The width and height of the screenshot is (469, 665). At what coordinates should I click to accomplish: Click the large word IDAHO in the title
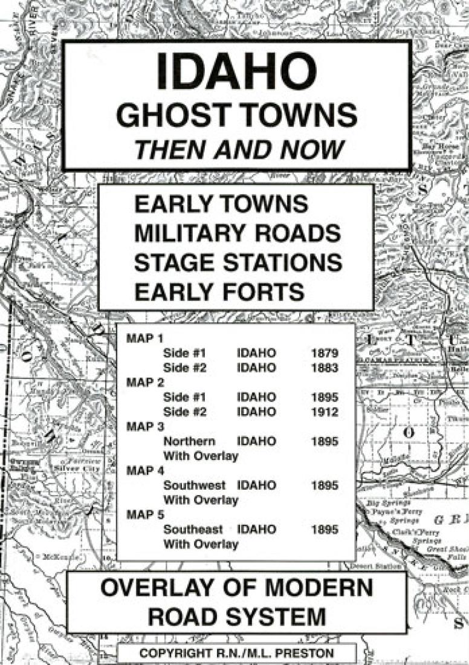pos(237,71)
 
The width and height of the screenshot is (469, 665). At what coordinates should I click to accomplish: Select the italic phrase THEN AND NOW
pos(236,149)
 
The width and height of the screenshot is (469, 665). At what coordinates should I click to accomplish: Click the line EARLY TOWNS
pos(221,204)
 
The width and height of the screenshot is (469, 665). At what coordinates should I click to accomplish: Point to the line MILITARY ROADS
pos(236,233)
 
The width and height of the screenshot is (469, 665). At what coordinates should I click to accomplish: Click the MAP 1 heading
pos(141,339)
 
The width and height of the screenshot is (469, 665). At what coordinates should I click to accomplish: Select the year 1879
pos(325,353)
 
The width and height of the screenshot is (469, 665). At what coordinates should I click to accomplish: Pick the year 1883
pos(325,368)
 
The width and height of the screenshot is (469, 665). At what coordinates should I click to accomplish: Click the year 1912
pos(325,412)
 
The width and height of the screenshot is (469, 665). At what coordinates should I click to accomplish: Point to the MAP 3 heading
pos(141,427)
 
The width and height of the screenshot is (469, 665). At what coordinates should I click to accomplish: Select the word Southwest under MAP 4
pos(194,485)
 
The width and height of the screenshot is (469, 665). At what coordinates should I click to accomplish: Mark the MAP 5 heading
pos(141,514)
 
